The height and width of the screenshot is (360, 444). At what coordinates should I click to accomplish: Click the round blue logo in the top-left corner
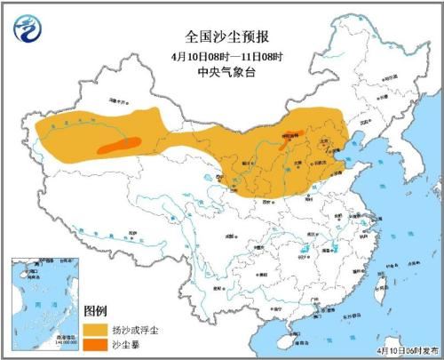coord(31,31)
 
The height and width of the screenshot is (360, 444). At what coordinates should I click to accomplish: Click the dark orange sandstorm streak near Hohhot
coord(287,142)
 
